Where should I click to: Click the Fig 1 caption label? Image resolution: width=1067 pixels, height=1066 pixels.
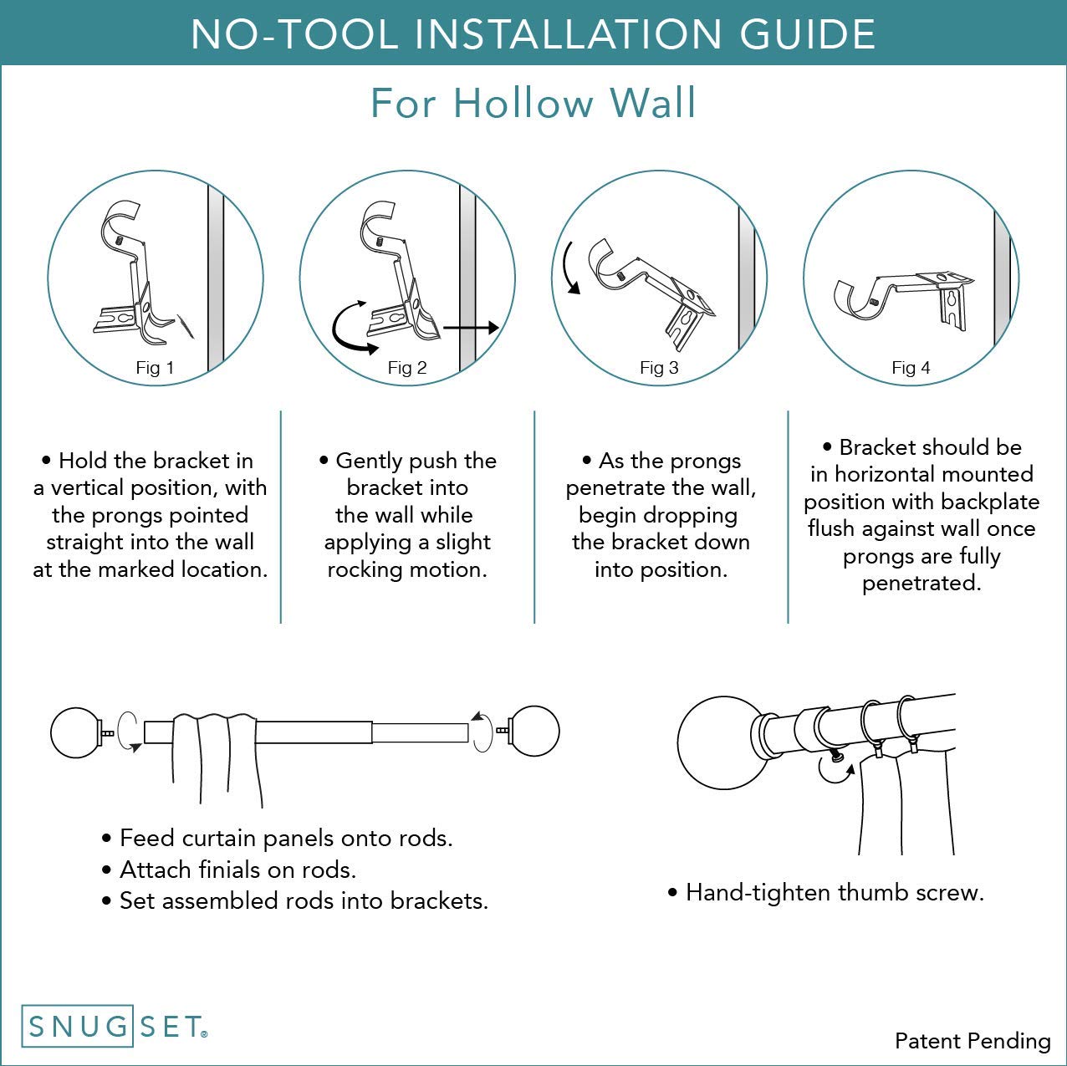tap(155, 368)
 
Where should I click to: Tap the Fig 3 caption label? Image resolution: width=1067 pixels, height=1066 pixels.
tap(659, 368)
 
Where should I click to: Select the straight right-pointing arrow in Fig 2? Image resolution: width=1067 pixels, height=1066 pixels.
tap(471, 328)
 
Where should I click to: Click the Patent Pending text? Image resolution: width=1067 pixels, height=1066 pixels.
tap(972, 1041)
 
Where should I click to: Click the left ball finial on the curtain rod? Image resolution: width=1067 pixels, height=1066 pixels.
tap(75, 733)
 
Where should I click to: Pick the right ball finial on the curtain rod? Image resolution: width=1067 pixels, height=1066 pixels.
tap(534, 731)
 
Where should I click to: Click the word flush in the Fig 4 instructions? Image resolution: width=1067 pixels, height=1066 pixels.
tap(832, 529)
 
